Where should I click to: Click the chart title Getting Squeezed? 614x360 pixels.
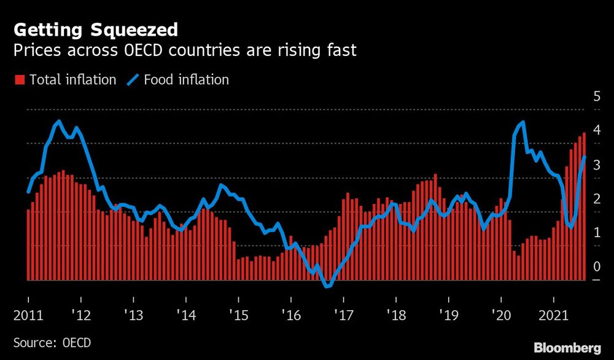pyautogui.click(x=96, y=29)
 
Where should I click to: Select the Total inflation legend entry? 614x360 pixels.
pyautogui.click(x=65, y=79)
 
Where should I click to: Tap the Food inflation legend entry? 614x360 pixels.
pyautogui.click(x=178, y=79)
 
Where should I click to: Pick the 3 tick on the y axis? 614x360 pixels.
pyautogui.click(x=596, y=165)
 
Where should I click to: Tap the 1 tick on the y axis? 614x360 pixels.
pyautogui.click(x=596, y=233)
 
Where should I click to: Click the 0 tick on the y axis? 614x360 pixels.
pyautogui.click(x=596, y=267)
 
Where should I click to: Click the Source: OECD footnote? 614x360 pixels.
pyautogui.click(x=47, y=342)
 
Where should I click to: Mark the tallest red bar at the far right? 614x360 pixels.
pyautogui.click(x=585, y=206)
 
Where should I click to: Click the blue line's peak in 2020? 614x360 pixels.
pyautogui.click(x=523, y=122)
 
